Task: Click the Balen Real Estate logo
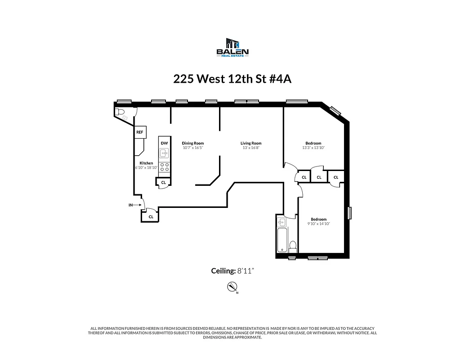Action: tap(232, 48)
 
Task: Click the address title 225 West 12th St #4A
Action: tap(232, 79)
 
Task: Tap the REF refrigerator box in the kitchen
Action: tap(140, 132)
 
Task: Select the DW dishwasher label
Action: tap(164, 143)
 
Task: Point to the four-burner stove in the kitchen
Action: tap(165, 168)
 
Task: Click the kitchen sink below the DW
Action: tap(165, 153)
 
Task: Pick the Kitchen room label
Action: tap(146, 163)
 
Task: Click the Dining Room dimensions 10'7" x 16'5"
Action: tap(193, 148)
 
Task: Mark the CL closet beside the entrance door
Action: tap(151, 216)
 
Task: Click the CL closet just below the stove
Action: tap(164, 182)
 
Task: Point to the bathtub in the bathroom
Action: tap(282, 239)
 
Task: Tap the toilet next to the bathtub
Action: tap(292, 246)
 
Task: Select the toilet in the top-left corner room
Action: tap(120, 112)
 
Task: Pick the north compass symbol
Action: tap(232, 287)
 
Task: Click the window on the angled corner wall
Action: tap(335, 110)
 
